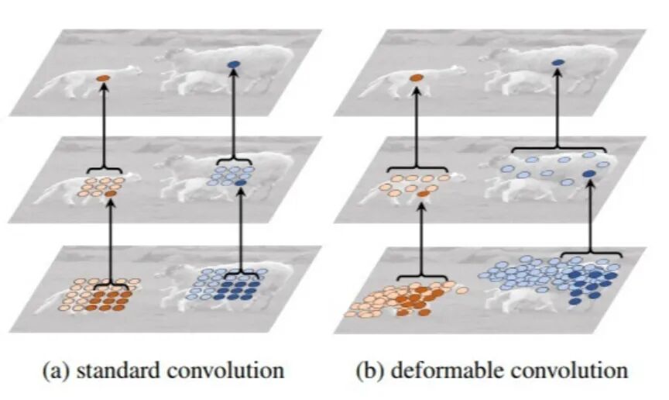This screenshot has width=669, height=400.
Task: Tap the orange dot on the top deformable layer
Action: [x=417, y=78]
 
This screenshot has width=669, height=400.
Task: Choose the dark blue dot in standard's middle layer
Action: [x=241, y=182]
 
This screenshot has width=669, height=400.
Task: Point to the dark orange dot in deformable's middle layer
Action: [x=421, y=194]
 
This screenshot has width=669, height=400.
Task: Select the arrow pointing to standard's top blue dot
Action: [x=234, y=116]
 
